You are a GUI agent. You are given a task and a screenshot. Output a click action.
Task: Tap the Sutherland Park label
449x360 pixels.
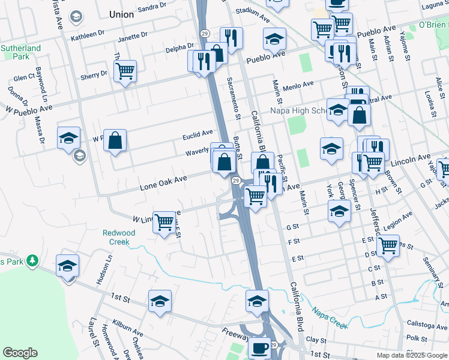[x=20, y=53]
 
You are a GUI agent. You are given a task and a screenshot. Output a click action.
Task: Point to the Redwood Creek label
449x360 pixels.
[x=119, y=237]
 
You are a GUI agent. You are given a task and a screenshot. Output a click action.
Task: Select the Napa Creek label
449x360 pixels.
[x=330, y=318]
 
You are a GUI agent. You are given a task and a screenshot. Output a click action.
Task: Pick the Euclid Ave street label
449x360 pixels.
[x=197, y=135]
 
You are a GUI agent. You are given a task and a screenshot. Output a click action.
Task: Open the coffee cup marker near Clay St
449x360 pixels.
[x=259, y=347]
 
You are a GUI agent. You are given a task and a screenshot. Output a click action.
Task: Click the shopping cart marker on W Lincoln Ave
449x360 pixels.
[x=164, y=222]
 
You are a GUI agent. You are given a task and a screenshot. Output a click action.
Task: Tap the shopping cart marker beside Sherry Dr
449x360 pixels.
[x=125, y=71]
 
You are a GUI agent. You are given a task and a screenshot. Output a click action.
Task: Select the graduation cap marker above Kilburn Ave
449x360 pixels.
[x=160, y=301]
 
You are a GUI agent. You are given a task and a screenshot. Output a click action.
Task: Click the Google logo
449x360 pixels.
[x=20, y=353]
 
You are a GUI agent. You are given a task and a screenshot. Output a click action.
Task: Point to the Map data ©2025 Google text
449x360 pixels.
[x=412, y=355]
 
